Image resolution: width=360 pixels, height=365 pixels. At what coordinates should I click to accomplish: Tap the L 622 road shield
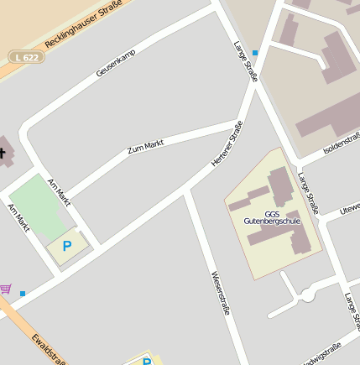click(x=27, y=56)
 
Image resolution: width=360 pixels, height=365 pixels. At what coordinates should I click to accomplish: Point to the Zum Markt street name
click(x=145, y=148)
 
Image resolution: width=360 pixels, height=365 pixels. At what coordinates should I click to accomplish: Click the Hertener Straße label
click(x=227, y=143)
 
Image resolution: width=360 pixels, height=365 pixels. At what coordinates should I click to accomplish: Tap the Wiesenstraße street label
click(x=220, y=292)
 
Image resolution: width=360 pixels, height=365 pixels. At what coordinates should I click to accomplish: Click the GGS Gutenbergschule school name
click(x=271, y=216)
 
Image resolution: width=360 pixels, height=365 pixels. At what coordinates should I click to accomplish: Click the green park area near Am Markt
click(x=40, y=206)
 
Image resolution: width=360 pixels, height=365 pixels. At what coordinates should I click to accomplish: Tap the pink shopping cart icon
click(x=6, y=289)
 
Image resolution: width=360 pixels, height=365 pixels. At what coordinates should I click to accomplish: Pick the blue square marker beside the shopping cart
click(x=23, y=294)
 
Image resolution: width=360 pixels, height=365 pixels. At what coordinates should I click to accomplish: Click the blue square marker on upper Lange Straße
click(x=255, y=53)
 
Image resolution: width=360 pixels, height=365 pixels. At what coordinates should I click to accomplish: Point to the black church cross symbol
click(x=3, y=153)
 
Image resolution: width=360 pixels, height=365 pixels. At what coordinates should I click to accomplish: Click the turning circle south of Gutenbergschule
click(x=308, y=295)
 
